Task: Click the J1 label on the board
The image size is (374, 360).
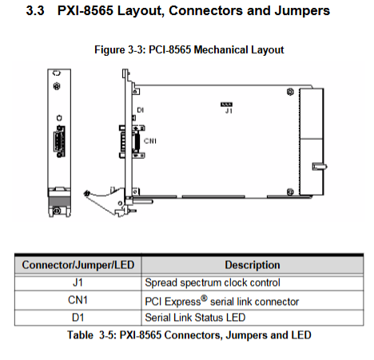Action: pos(229,111)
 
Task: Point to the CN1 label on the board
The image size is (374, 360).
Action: pos(150,140)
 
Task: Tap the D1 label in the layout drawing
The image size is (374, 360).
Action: pos(140,110)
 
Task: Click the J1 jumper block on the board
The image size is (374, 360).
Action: pos(226,105)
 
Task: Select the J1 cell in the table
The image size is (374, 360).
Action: pos(78,283)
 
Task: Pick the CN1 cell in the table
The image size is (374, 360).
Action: pos(78,300)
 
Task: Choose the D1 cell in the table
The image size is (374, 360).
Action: pos(78,318)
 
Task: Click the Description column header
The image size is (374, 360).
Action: pos(253,265)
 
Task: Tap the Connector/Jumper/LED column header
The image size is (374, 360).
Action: pos(78,265)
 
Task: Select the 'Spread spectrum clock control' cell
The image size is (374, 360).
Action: pos(213,283)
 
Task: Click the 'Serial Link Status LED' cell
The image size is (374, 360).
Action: pos(195,318)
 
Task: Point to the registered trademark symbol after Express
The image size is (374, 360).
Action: pos(204,298)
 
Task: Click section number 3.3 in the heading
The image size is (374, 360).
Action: pos(35,11)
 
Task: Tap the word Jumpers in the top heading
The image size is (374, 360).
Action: pos(302,11)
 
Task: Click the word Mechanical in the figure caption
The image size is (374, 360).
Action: pos(221,49)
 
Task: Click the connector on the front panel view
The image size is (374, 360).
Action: pos(59,141)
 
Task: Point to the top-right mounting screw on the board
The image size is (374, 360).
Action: pos(290,92)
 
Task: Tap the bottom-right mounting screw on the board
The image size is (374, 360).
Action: pos(290,192)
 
